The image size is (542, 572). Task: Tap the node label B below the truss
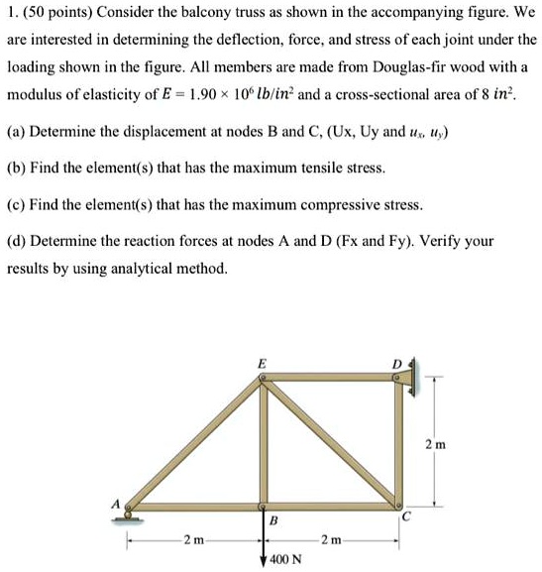(x=273, y=520)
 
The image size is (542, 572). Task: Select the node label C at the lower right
(x=405, y=517)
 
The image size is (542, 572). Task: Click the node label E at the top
(x=262, y=364)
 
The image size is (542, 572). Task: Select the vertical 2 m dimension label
(x=433, y=444)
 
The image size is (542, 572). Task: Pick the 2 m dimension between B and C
(x=330, y=540)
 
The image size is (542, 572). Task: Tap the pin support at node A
(x=130, y=513)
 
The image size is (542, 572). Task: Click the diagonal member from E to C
(x=332, y=440)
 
